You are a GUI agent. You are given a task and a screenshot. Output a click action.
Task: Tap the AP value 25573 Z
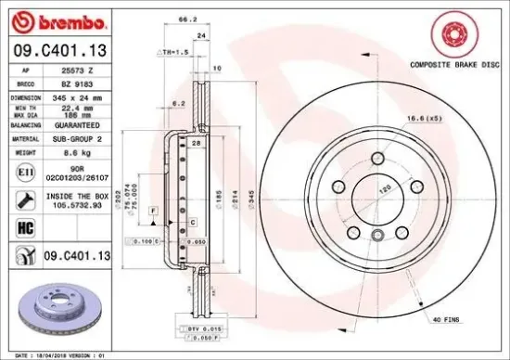(77, 69)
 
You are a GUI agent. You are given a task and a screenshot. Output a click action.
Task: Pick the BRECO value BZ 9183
(77, 82)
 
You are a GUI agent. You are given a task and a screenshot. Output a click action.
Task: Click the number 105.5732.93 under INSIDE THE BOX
(78, 207)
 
